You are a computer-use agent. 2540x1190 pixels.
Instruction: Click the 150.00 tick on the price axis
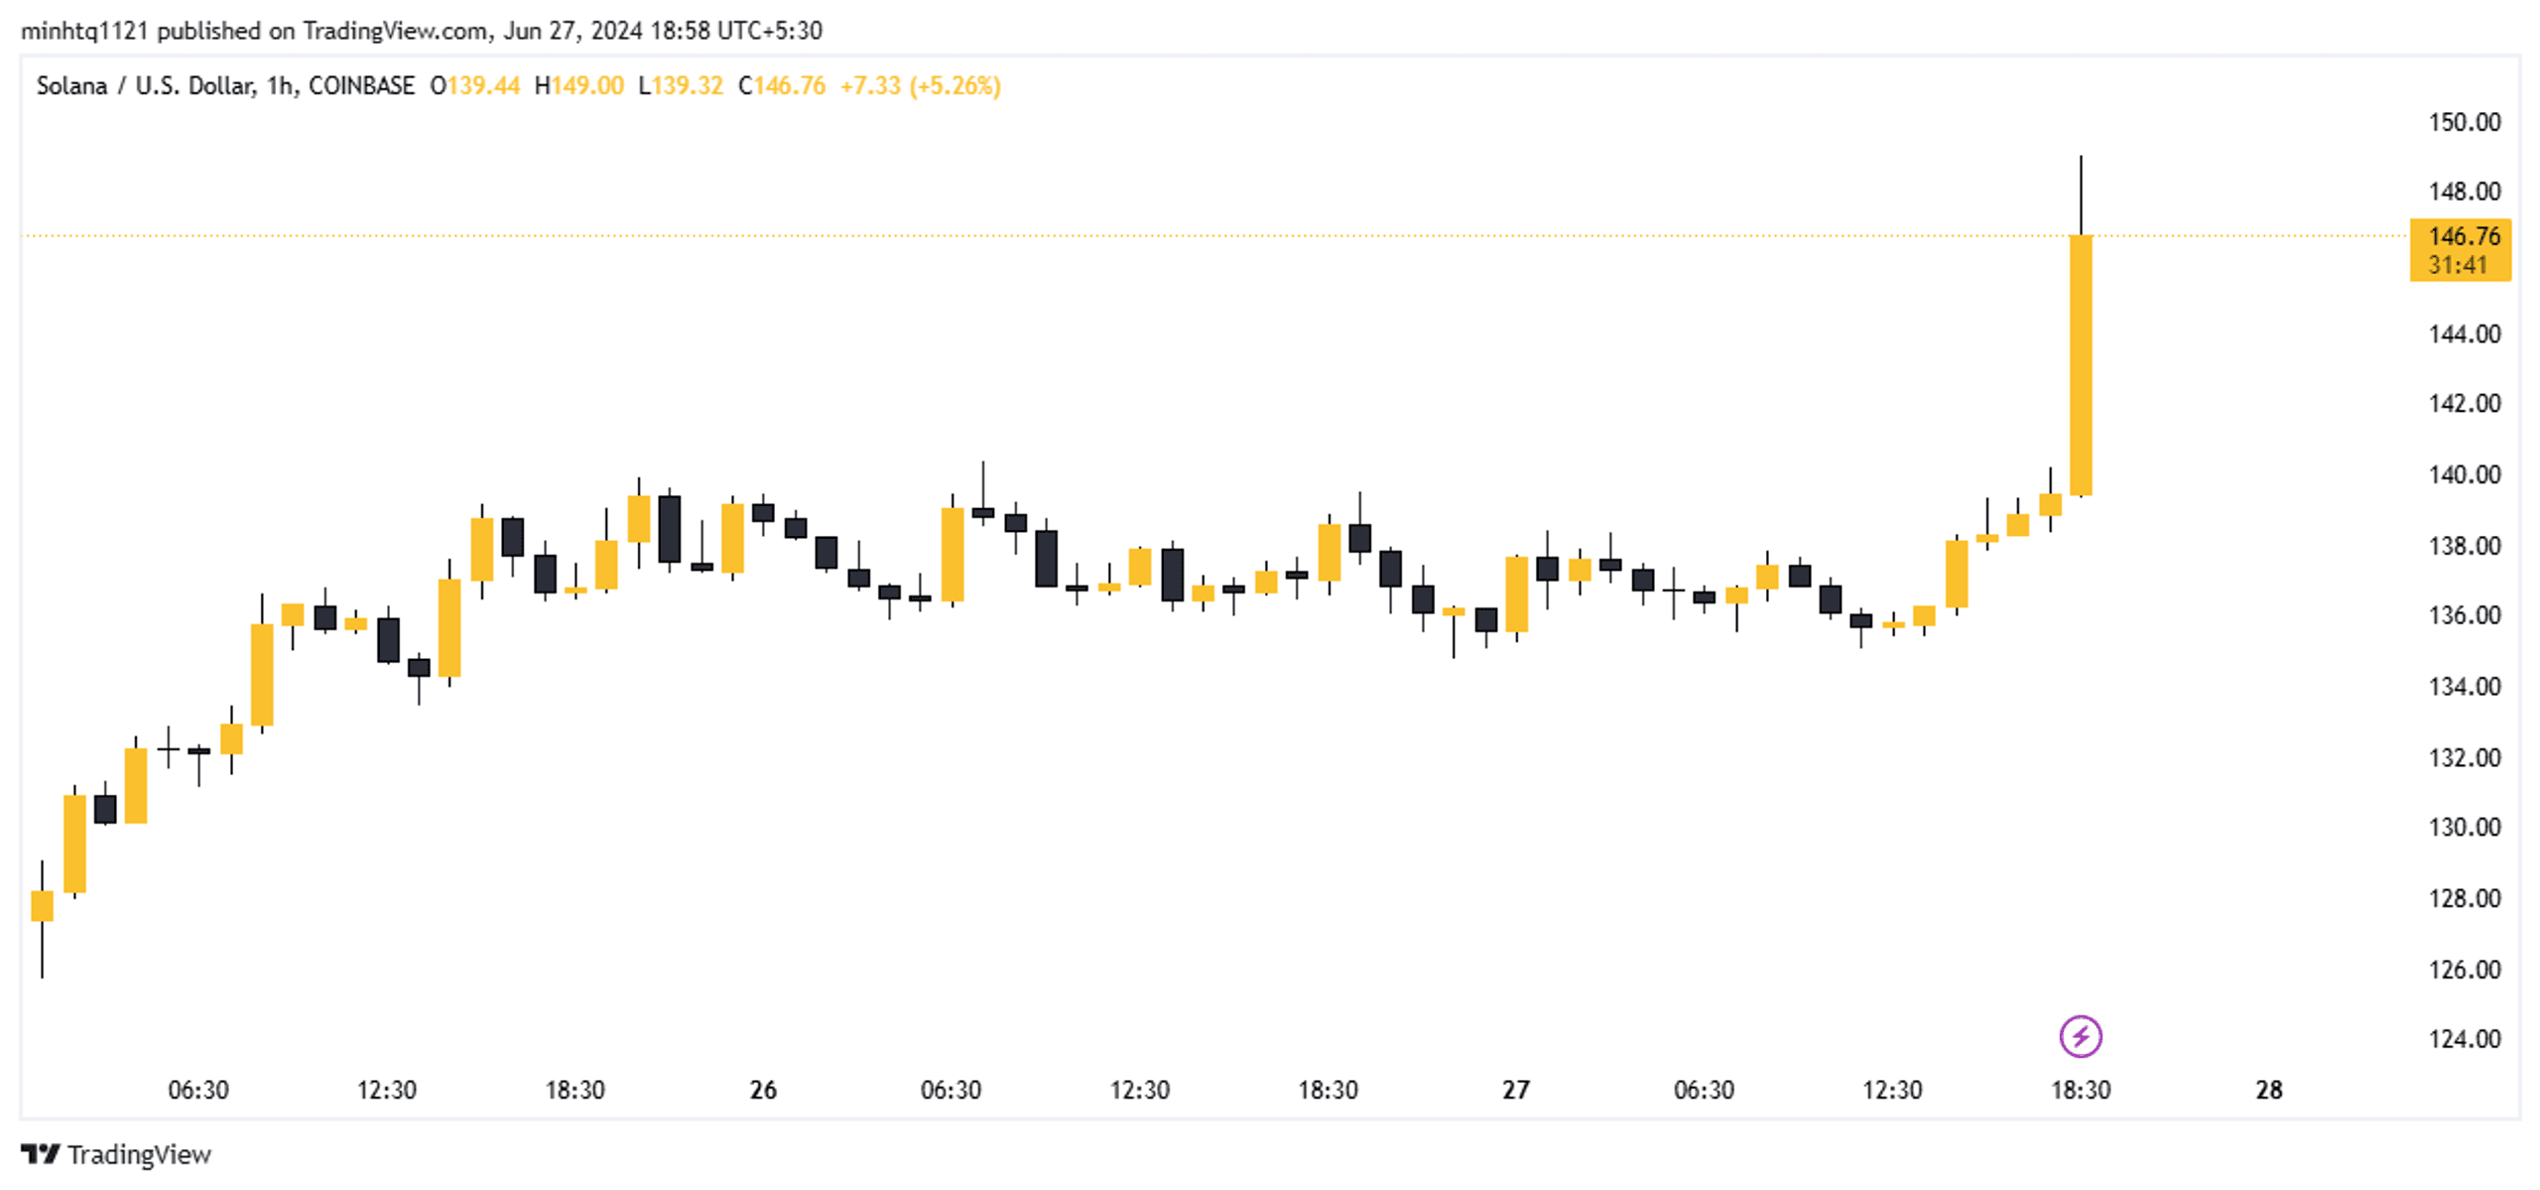point(2463,122)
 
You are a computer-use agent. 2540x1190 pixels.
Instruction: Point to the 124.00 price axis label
point(2463,1038)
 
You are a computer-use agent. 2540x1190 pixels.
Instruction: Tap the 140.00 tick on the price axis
point(2463,474)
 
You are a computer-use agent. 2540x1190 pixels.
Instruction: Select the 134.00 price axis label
point(2463,686)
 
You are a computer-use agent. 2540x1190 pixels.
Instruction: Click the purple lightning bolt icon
point(2080,1036)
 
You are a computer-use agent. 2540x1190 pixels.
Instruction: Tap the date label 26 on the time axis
point(762,1090)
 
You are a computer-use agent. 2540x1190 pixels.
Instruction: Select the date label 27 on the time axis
point(1515,1090)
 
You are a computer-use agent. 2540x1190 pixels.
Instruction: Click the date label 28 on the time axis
point(2268,1090)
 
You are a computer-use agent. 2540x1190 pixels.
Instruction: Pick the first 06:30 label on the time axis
point(197,1090)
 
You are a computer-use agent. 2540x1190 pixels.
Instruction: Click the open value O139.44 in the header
point(474,86)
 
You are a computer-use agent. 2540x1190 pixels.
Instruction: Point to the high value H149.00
point(579,86)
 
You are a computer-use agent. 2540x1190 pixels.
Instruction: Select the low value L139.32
point(681,86)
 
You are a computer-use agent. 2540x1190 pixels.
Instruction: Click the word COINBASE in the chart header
point(361,86)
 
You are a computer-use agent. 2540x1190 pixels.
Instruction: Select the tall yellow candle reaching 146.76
point(2081,365)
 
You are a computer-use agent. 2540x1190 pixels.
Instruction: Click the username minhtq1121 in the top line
point(83,31)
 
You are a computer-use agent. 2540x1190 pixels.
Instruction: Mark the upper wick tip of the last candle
point(2081,157)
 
